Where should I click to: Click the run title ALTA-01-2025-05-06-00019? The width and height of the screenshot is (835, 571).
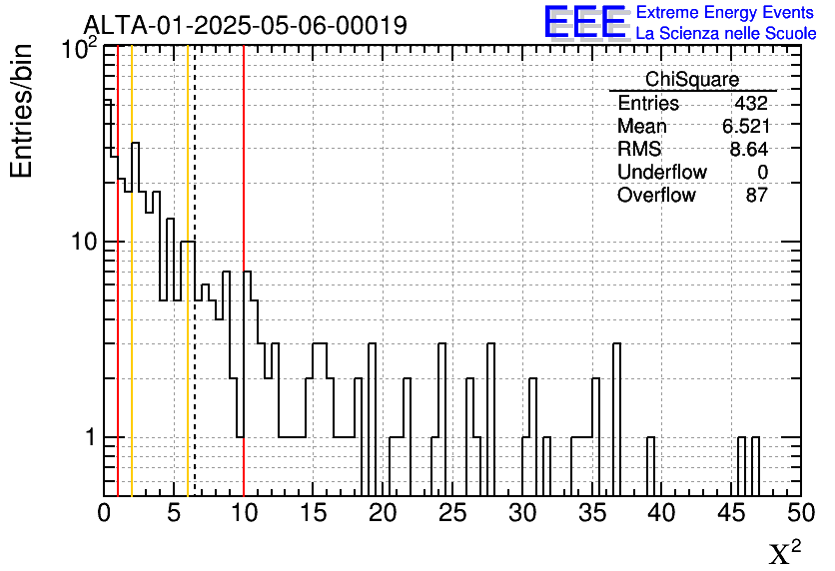coord(245,25)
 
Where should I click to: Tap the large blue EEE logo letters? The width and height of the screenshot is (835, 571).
coord(585,21)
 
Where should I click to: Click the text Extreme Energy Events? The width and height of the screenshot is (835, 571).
coord(725,13)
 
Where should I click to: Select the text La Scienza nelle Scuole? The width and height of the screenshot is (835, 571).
coord(726,33)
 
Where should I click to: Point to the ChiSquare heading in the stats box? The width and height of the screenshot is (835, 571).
coord(692,80)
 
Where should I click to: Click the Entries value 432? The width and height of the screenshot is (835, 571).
coord(750,104)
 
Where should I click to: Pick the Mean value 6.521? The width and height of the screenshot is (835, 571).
coord(745,127)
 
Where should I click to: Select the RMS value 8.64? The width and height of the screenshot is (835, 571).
coord(749,150)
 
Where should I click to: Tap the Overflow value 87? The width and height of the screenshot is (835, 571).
coord(756,196)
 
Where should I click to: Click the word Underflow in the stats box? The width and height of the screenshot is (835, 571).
coord(661,173)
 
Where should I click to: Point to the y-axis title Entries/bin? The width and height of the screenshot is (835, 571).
coord(22,111)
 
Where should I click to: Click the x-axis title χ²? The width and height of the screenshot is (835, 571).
coord(784,553)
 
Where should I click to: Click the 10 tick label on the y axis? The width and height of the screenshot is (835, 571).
coord(82,243)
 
